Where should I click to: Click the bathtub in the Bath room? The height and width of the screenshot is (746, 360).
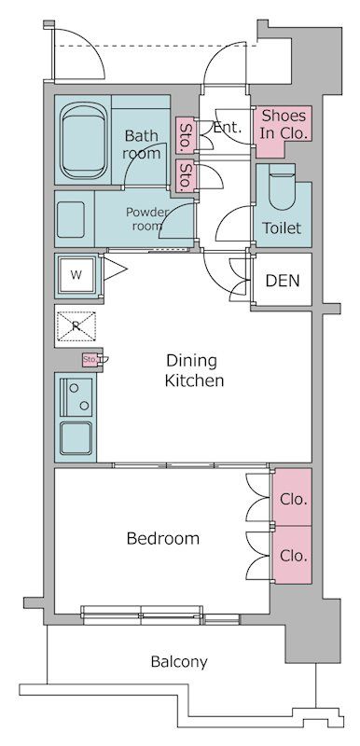click(x=84, y=141)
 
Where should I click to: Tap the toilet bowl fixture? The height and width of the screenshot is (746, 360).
click(x=282, y=191)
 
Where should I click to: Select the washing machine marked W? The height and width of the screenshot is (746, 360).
click(x=76, y=275)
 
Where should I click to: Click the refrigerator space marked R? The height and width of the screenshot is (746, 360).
click(x=76, y=325)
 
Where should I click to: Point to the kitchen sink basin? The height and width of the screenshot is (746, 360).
click(x=76, y=437)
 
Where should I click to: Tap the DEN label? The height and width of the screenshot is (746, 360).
click(x=283, y=281)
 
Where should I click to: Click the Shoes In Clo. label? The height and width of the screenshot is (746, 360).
click(x=284, y=125)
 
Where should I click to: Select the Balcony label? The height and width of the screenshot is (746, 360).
click(x=179, y=662)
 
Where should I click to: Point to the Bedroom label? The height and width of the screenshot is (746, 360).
click(x=163, y=539)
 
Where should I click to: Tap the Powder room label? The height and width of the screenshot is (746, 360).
click(x=147, y=219)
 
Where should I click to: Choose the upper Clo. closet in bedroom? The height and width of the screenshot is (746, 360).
click(x=291, y=497)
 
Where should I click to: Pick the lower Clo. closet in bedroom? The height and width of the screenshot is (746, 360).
click(x=291, y=555)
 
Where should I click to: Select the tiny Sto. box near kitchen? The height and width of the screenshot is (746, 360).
click(x=90, y=359)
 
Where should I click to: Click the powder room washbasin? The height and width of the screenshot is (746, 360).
click(x=70, y=219)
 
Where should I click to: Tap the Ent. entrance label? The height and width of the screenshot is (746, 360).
click(x=228, y=128)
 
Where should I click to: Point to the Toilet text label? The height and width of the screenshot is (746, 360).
click(x=282, y=228)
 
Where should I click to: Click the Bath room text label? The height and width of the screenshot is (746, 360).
click(x=141, y=145)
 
